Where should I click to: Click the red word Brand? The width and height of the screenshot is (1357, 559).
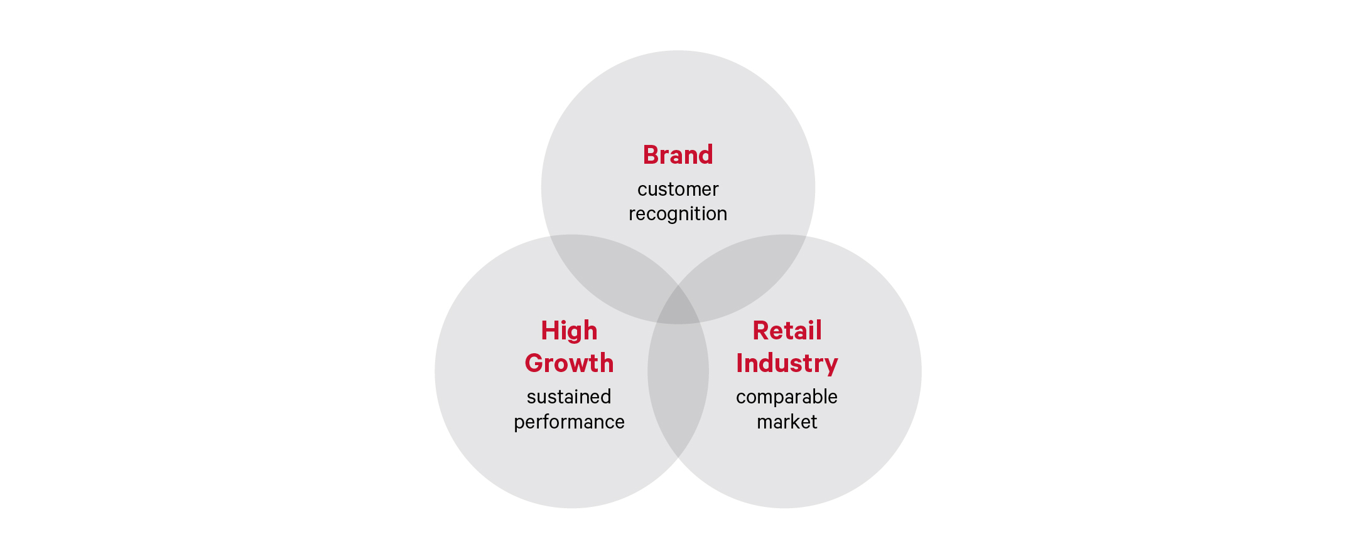tap(678, 155)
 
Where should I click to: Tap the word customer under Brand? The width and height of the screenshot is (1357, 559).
tap(678, 189)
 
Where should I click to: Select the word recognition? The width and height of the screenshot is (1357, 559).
tap(678, 214)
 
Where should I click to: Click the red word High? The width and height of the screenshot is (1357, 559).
tap(569, 331)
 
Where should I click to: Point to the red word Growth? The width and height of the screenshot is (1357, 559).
tap(569, 363)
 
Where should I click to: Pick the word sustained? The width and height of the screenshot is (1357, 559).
tap(569, 397)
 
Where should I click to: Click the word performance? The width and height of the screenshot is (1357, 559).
tap(569, 422)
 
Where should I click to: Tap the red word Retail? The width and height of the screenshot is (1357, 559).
tap(787, 331)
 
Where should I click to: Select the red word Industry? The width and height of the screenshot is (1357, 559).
tap(787, 364)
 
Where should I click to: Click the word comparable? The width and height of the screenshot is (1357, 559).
tap(787, 397)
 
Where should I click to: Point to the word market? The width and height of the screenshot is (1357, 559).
tap(787, 422)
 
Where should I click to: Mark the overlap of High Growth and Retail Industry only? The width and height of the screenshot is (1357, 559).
tap(678, 389)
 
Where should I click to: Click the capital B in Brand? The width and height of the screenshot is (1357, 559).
tap(651, 155)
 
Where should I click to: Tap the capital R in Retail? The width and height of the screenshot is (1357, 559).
tap(761, 331)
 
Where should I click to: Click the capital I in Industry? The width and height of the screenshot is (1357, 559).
tap(739, 363)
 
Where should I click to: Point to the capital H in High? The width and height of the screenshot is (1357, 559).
tap(550, 331)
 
